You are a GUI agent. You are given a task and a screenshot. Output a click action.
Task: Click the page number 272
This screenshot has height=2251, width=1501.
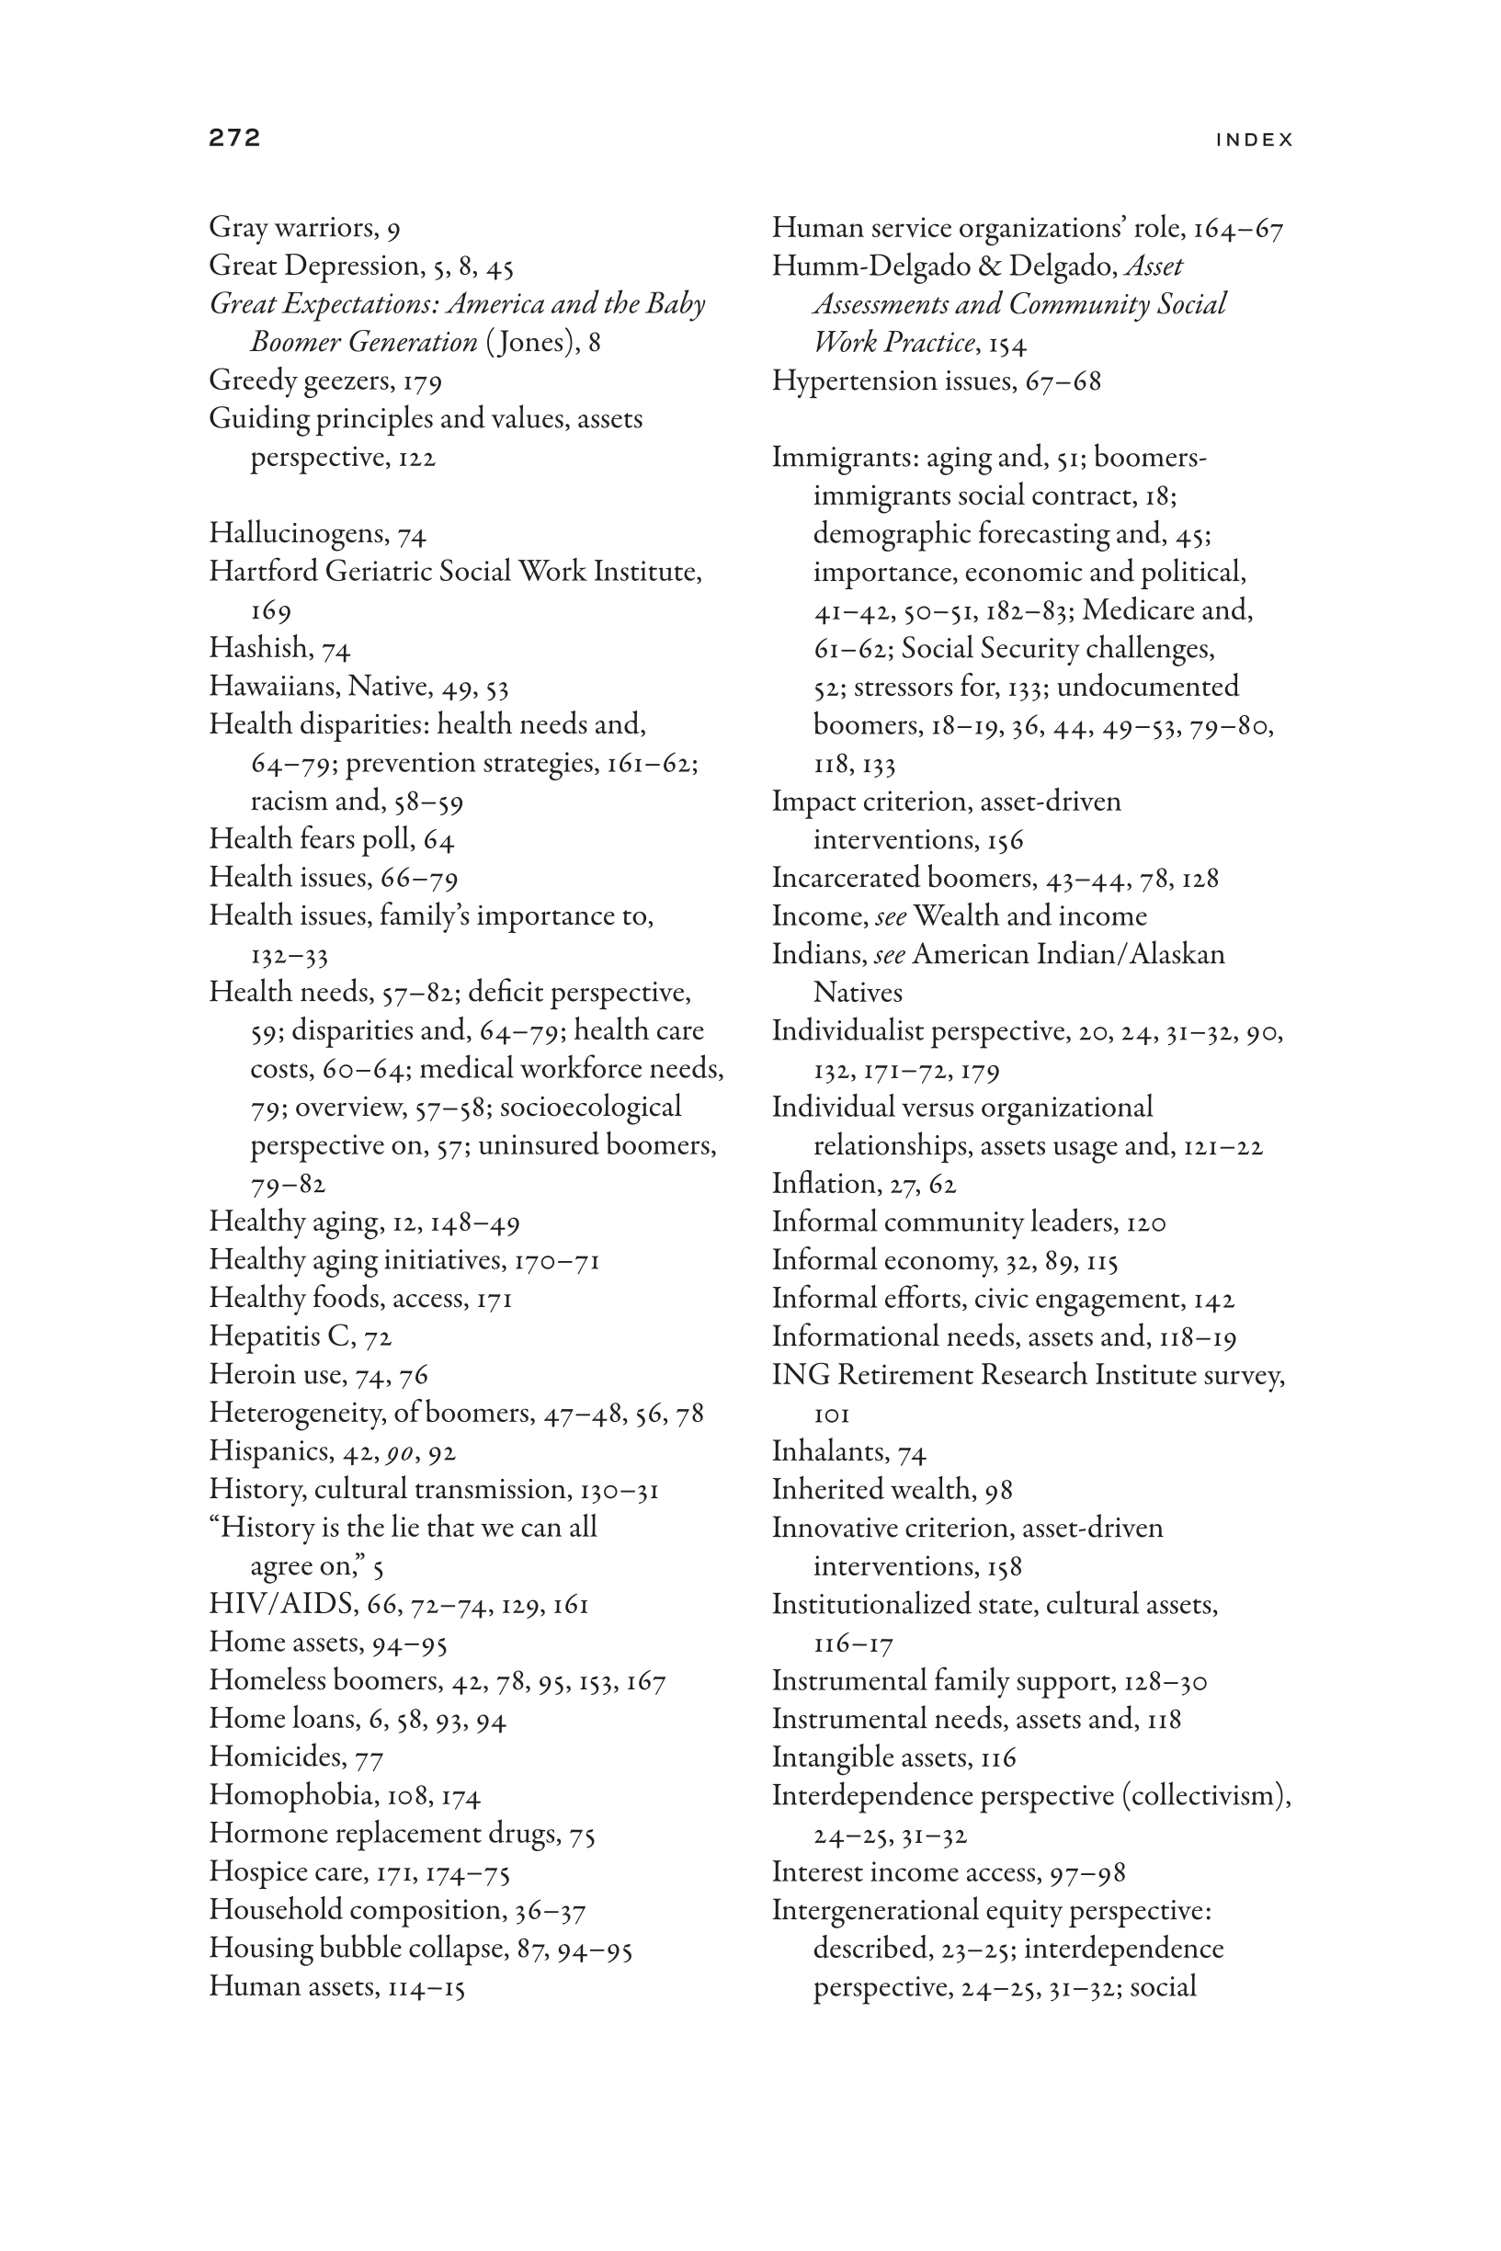(234, 138)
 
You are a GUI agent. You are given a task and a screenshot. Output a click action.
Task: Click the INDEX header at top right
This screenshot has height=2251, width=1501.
(1254, 140)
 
